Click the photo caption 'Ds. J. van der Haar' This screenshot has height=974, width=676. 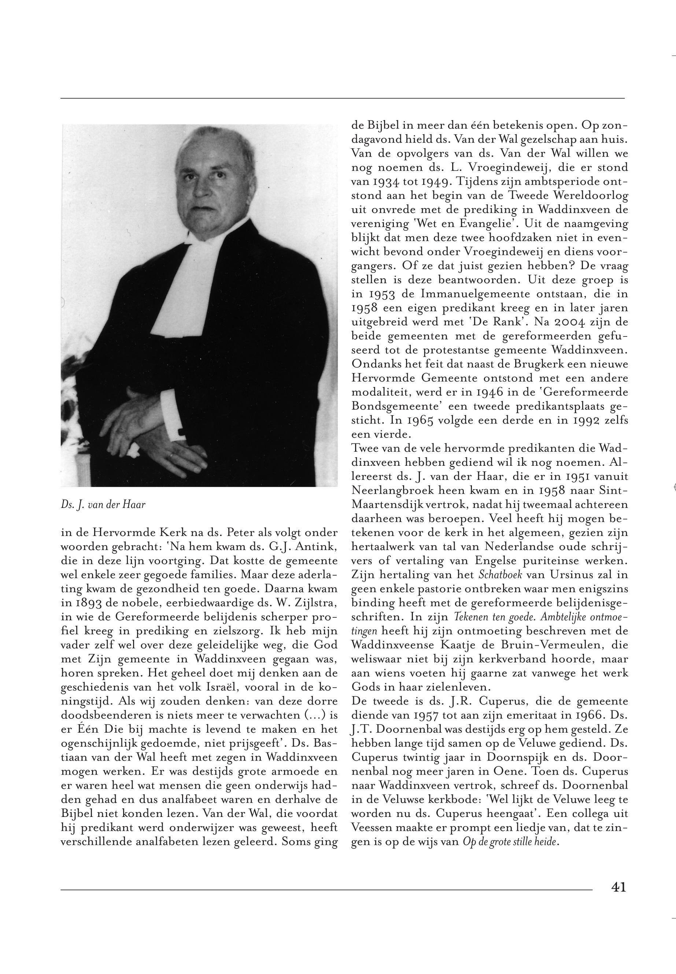coord(103,505)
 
